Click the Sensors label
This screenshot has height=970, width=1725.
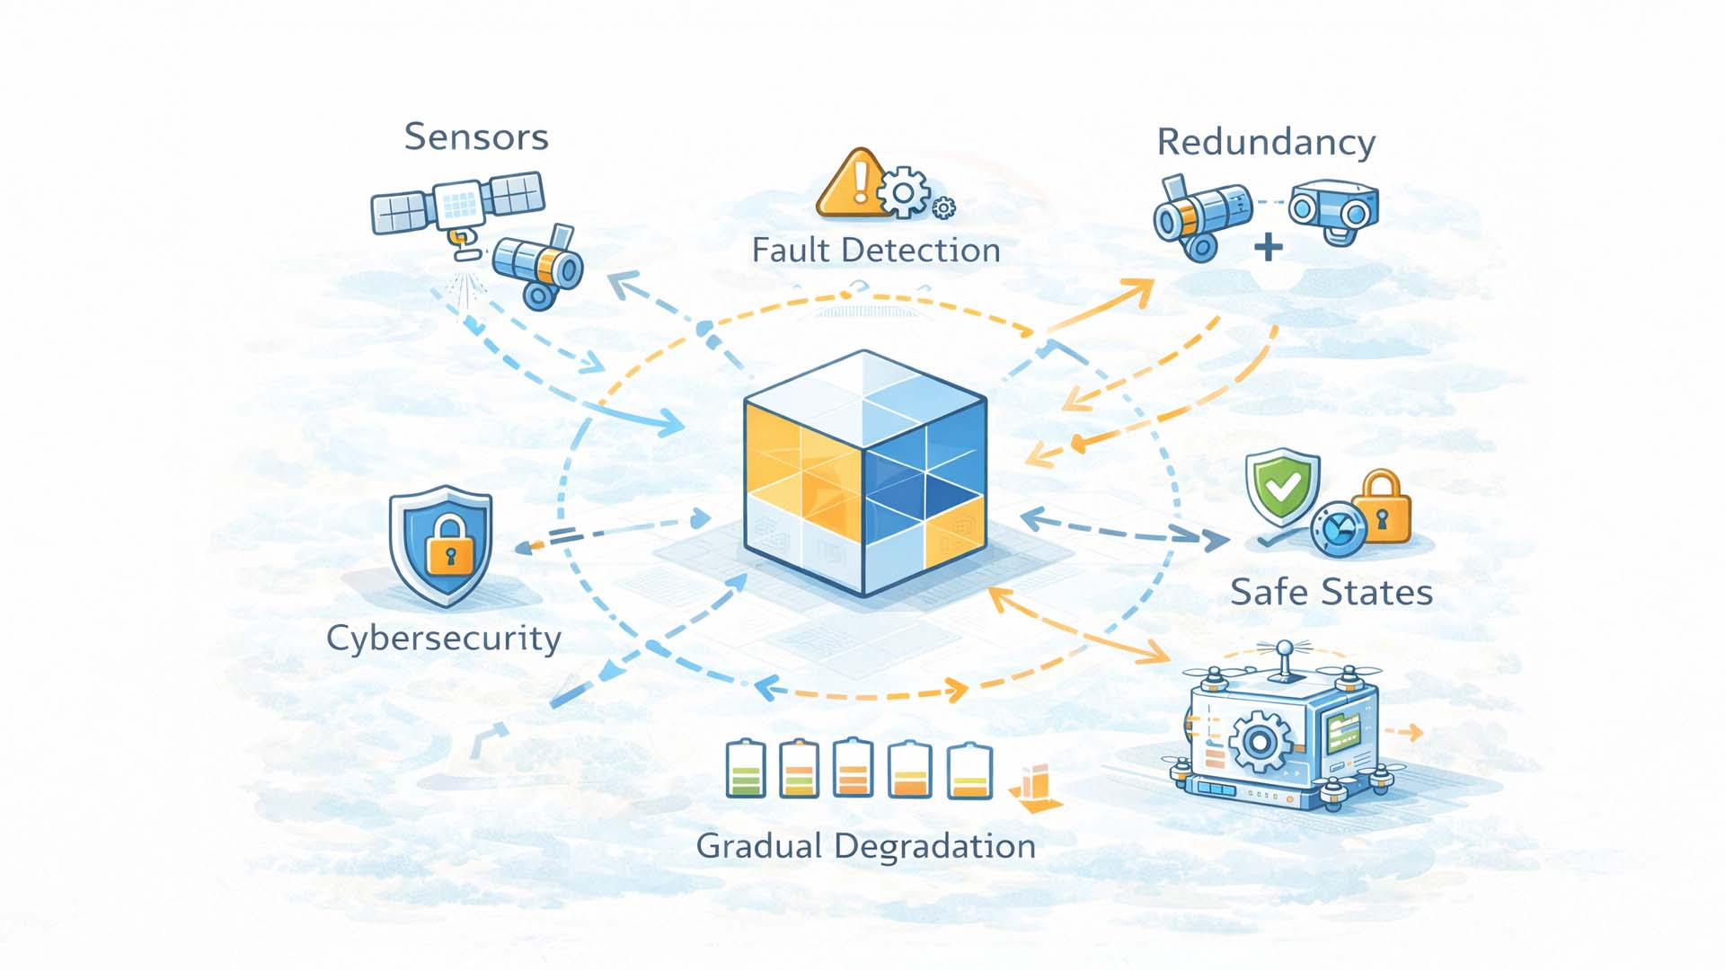coord(475,137)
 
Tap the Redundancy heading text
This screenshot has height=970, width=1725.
coord(1265,143)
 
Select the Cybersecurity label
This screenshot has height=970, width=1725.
coord(443,639)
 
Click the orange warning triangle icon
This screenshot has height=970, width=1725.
coord(851,185)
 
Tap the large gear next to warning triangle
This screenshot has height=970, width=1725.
coord(904,191)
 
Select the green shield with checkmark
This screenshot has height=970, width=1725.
coord(1282,487)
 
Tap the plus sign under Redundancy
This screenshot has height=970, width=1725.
coord(1268,247)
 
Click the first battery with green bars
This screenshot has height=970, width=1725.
coord(745,770)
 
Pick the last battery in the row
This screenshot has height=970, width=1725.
coord(969,772)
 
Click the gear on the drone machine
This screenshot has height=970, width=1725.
coord(1259,742)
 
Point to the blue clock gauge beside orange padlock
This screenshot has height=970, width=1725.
coord(1339,530)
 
